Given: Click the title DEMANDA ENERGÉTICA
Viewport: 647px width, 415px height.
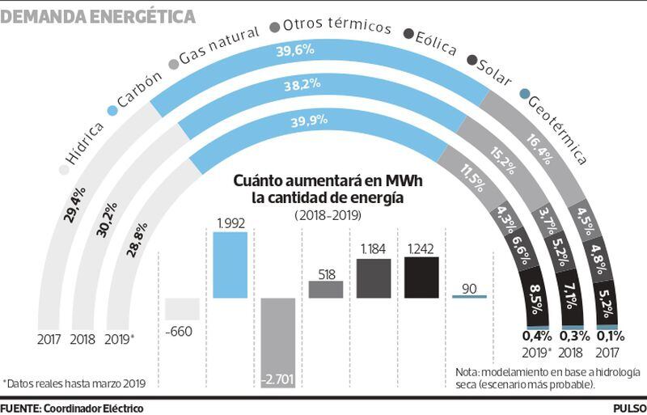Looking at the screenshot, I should [x=98, y=15].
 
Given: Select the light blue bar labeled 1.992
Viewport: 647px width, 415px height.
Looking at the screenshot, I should [x=229, y=265].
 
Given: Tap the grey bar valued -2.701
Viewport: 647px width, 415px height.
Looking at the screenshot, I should [x=278, y=339].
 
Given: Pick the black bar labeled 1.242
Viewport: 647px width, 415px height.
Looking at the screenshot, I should [x=421, y=277].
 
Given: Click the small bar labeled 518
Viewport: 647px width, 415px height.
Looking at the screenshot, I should [x=326, y=289].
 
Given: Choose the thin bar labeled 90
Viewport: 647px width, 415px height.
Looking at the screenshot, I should [x=469, y=296].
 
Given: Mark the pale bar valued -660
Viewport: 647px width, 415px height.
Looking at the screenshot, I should [x=182, y=308].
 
